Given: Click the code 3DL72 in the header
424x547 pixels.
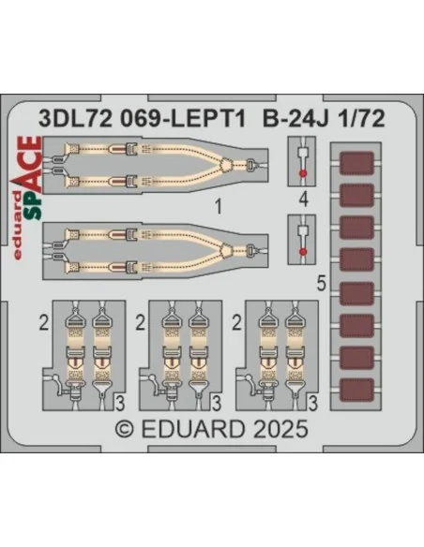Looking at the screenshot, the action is [75, 119].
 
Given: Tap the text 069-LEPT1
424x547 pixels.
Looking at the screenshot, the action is [183, 119].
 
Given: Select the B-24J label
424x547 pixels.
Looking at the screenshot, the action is [295, 119].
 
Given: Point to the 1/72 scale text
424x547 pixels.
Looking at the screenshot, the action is [361, 119].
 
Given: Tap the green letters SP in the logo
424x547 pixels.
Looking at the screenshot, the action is [34, 206].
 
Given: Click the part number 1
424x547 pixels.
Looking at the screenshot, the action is [219, 207].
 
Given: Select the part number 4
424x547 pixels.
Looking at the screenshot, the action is [304, 200].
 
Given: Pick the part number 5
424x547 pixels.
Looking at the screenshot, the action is [322, 283].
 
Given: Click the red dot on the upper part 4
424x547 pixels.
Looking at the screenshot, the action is [303, 173].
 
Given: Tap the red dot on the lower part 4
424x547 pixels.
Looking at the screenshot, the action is [303, 251].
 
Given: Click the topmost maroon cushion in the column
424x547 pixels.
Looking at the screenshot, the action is [356, 163].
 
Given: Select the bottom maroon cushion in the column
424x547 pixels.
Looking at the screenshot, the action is [356, 390].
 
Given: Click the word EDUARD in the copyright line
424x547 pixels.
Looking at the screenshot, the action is [193, 429].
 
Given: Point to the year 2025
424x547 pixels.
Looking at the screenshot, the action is [280, 429].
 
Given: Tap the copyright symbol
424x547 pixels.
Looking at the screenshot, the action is [125, 429].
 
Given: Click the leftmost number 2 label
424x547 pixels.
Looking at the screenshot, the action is [44, 323].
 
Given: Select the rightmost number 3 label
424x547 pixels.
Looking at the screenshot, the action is [313, 404].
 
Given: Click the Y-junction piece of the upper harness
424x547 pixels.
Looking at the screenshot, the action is [226, 163].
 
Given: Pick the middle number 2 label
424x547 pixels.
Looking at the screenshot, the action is [140, 323].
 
